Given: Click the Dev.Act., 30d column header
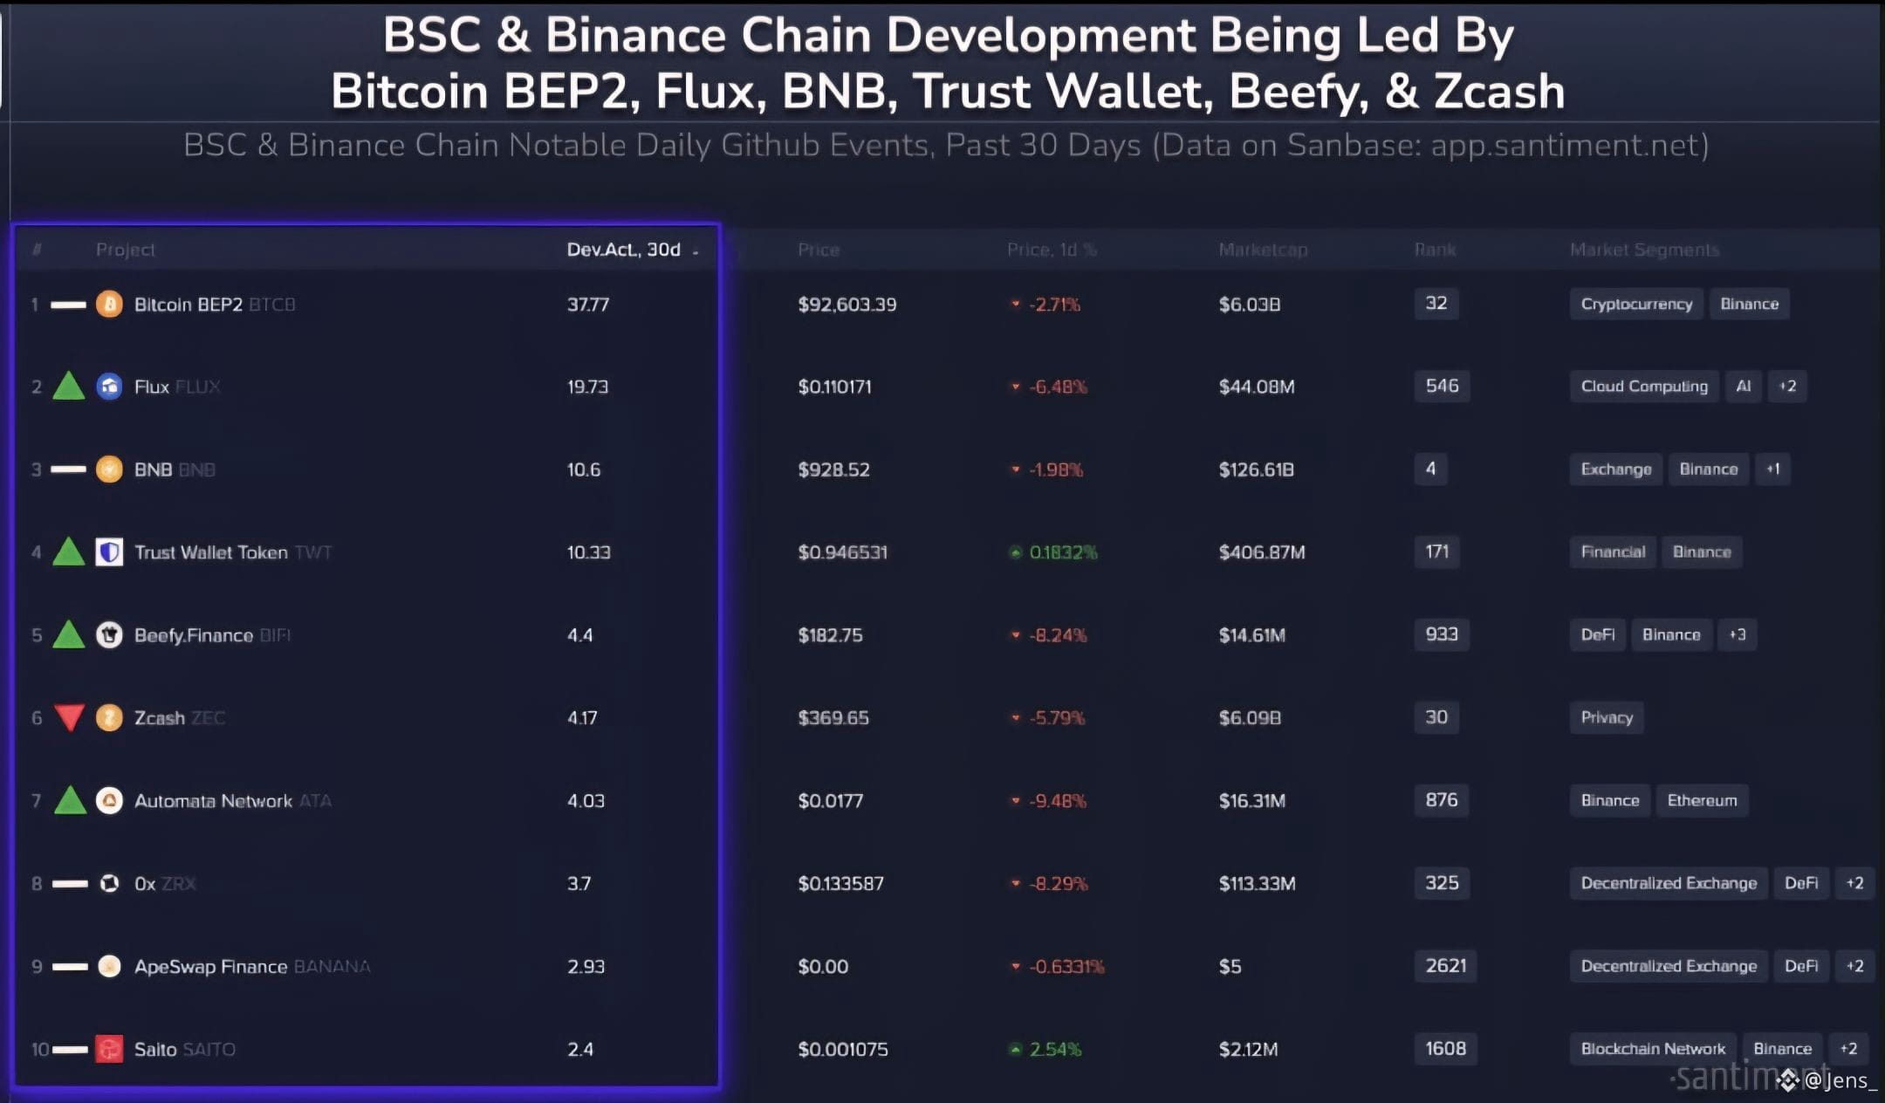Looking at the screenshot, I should point(623,250).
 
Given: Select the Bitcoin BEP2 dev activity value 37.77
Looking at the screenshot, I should point(588,305).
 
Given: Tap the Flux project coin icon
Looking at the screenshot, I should point(109,386).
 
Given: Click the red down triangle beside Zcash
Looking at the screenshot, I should point(69,717).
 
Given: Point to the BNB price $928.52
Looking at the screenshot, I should point(833,469).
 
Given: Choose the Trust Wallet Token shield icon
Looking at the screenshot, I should point(109,551).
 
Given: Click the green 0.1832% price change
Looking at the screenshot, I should point(1062,552).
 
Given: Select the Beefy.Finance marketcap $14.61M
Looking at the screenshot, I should point(1251,635).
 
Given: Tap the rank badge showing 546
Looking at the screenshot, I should point(1442,386).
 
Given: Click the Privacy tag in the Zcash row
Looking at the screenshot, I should point(1607,717).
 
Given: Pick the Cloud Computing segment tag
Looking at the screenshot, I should point(1644,386).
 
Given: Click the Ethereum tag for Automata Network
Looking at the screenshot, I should point(1702,800).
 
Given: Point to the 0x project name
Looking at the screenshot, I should point(145,884).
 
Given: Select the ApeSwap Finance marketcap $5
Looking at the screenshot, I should point(1230,967).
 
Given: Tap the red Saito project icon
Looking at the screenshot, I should point(109,1049).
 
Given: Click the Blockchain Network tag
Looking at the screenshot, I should point(1653,1049).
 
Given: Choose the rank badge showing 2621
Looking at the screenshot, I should point(1445,966).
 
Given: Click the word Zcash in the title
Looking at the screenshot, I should point(1499,92).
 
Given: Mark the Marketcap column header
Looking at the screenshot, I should point(1263,250).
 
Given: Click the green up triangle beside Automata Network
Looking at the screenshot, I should point(70,800).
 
